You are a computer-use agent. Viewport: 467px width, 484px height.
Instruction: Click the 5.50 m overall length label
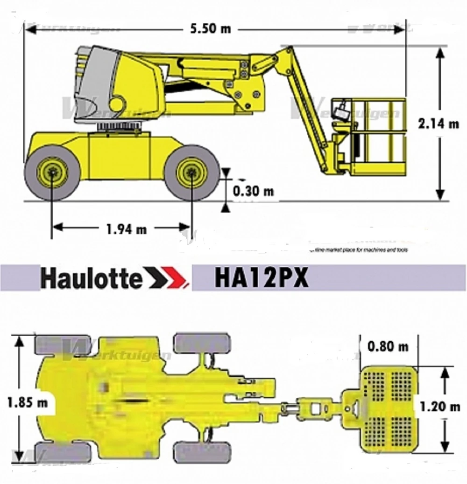[210, 29]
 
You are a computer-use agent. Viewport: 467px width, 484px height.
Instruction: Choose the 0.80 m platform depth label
[388, 347]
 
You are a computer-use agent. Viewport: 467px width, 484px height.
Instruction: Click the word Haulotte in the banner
[91, 278]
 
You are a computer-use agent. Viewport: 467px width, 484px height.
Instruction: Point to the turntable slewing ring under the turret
[119, 126]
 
